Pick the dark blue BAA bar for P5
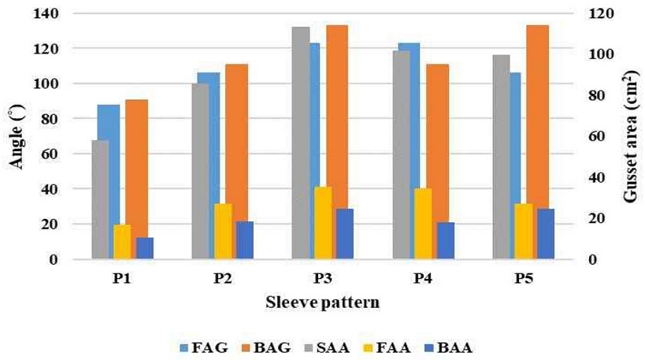tap(545, 233)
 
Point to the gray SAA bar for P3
tap(300, 142)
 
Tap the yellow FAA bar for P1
tap(122, 241)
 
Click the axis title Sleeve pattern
tap(322, 302)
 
